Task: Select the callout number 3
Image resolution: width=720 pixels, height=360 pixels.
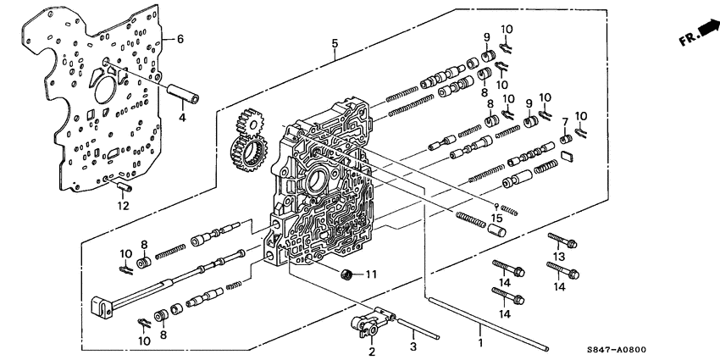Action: tap(413, 347)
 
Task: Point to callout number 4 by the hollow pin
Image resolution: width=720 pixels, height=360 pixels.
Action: tap(180, 118)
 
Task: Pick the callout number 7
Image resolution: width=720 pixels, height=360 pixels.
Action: tap(565, 122)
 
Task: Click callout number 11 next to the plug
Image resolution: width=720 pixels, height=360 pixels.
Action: tap(369, 274)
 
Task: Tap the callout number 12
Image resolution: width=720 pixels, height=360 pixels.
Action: tap(123, 206)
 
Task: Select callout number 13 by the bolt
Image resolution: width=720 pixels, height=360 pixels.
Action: tap(558, 257)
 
